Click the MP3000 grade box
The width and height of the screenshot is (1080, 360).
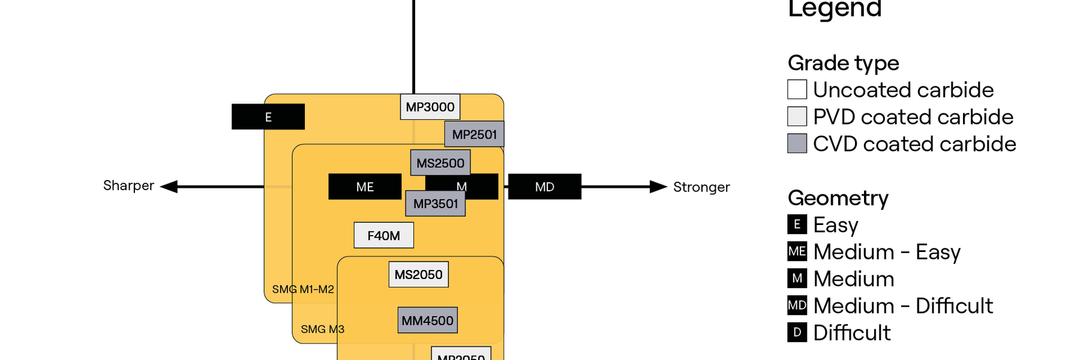tap(430, 107)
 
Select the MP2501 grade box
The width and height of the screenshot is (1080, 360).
tap(474, 134)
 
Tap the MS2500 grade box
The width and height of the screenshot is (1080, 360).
tap(440, 163)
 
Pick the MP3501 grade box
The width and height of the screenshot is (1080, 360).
tap(436, 204)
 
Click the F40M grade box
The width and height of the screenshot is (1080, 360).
tap(383, 235)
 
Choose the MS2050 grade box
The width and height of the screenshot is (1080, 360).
tap(418, 274)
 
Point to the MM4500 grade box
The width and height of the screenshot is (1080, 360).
tap(427, 320)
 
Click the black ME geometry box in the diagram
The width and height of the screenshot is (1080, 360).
tap(365, 187)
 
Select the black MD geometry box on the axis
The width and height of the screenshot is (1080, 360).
tap(544, 187)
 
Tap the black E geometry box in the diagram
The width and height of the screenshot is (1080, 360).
tap(268, 117)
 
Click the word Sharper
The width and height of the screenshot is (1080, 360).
tap(128, 185)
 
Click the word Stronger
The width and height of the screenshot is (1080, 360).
tap(701, 187)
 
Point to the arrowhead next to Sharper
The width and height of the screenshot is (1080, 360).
tap(169, 187)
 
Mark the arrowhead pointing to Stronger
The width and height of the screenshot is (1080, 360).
tap(658, 187)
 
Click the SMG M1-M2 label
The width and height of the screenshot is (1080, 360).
tap(303, 289)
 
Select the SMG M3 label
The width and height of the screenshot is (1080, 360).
tap(322, 329)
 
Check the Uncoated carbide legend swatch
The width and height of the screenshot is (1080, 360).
tap(797, 89)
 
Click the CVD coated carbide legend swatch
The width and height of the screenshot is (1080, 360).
tap(797, 143)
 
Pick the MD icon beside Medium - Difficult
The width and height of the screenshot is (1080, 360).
tap(797, 305)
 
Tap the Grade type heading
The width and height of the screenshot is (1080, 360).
tap(843, 63)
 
